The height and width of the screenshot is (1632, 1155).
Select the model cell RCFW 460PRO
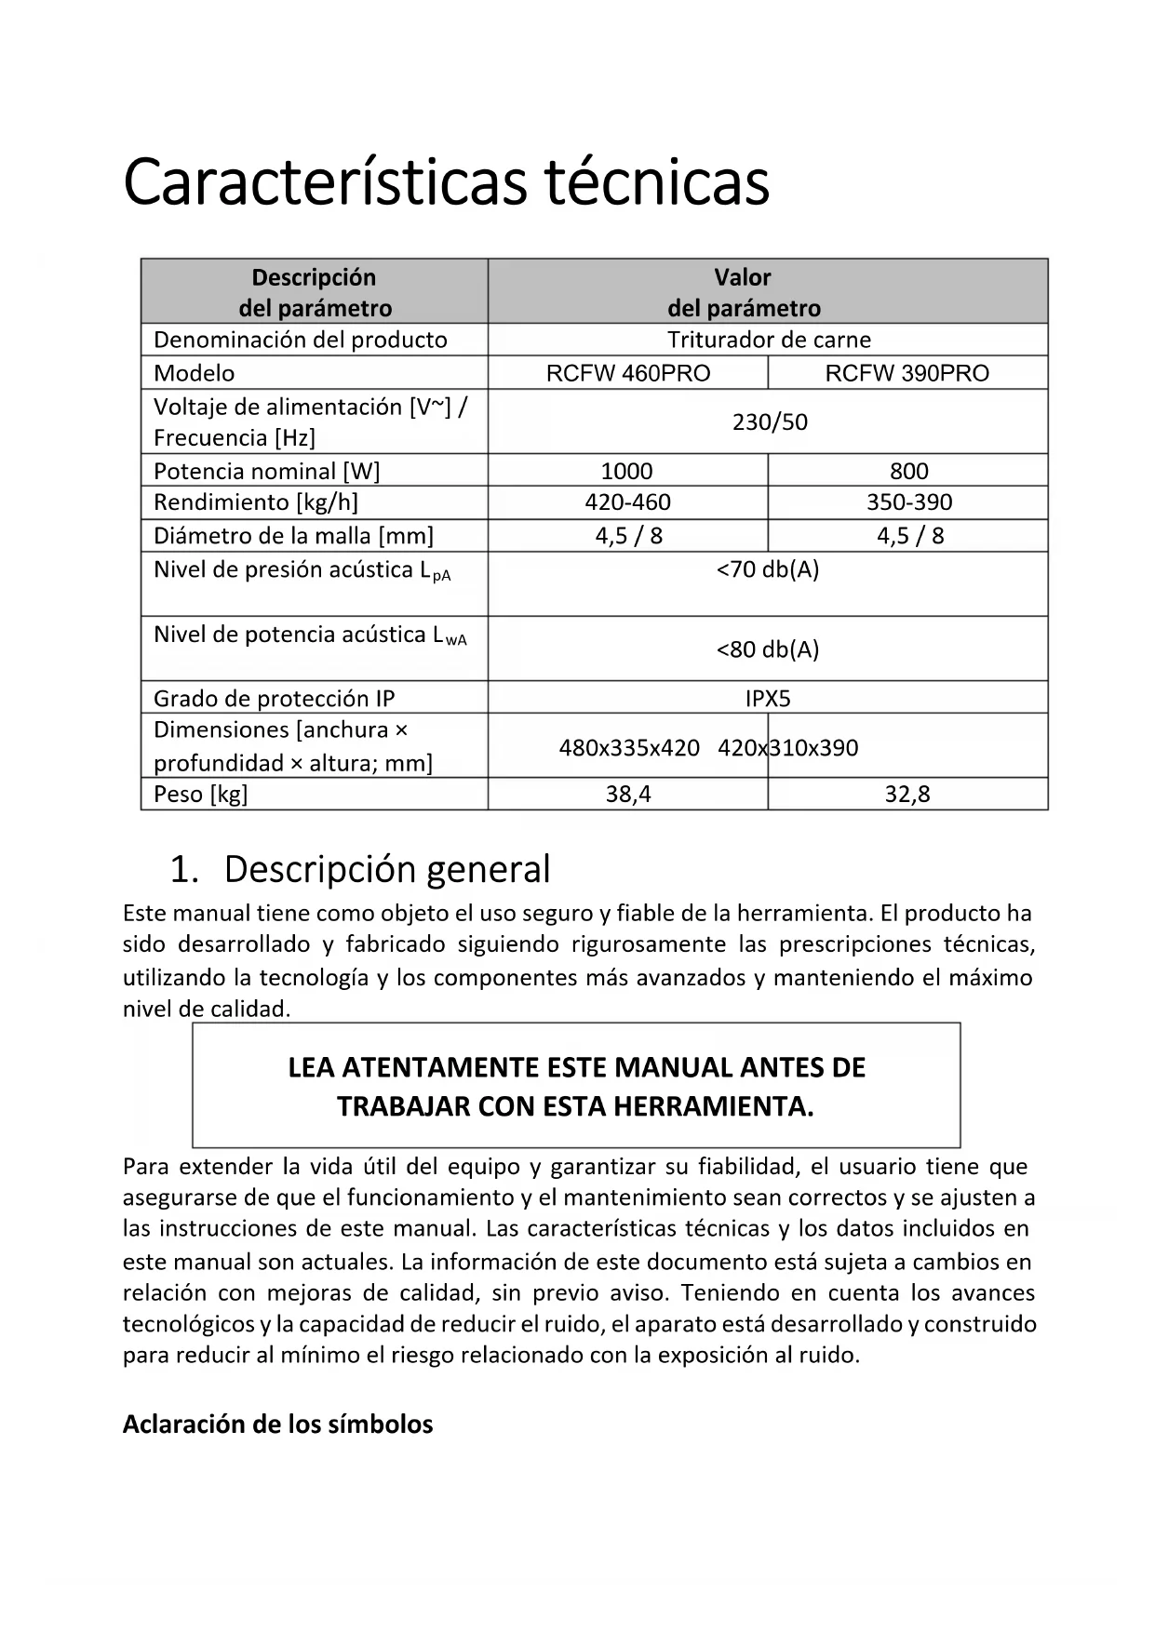(628, 373)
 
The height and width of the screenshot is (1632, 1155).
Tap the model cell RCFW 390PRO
(907, 373)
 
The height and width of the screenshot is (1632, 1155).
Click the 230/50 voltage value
(770, 422)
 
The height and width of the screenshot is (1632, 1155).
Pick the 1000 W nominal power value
(626, 471)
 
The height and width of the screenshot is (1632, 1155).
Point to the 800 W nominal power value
(908, 471)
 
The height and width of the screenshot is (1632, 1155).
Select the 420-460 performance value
(627, 502)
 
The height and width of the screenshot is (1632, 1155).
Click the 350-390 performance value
(909, 502)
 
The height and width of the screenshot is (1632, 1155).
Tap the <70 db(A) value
(768, 569)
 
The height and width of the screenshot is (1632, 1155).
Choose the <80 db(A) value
(768, 649)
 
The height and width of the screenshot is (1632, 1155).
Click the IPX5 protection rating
(768, 699)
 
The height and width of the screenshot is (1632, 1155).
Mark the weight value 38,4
(628, 795)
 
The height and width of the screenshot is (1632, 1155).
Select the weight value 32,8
(907, 795)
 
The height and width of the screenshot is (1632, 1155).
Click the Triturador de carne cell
(769, 340)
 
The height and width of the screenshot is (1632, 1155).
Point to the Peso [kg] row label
(201, 795)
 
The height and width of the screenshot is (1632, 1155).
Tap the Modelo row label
(194, 373)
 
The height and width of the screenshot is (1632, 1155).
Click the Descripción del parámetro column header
(315, 292)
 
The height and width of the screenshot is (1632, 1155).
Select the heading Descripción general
(386, 869)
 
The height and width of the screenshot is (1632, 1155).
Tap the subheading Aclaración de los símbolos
(277, 1425)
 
